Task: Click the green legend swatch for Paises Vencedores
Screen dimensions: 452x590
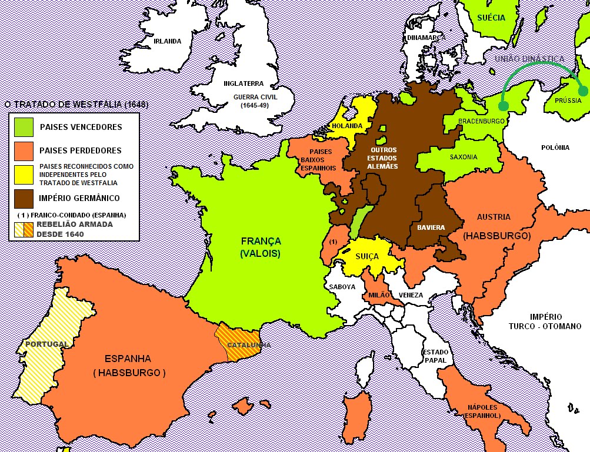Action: [24, 127]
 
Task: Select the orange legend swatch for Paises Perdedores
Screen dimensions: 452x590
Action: [24, 150]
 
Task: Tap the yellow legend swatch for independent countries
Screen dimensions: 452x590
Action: [24, 174]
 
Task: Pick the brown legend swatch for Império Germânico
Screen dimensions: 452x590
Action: [24, 198]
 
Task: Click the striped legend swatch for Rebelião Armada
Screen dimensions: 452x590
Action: [24, 229]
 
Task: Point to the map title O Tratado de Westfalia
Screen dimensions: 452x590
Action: [76, 105]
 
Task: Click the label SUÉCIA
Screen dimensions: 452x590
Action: [491, 18]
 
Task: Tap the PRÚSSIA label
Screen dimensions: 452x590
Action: [566, 101]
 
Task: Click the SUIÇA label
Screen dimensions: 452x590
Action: [368, 257]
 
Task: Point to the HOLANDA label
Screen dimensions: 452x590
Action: [346, 125]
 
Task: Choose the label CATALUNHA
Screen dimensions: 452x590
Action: [249, 345]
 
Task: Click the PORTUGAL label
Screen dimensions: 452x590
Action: [46, 344]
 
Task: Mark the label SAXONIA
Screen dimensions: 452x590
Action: [464, 157]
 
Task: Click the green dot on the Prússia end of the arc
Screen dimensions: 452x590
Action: [582, 91]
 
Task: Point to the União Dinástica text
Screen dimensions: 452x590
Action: [529, 59]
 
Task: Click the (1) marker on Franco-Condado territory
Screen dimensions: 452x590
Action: [332, 242]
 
